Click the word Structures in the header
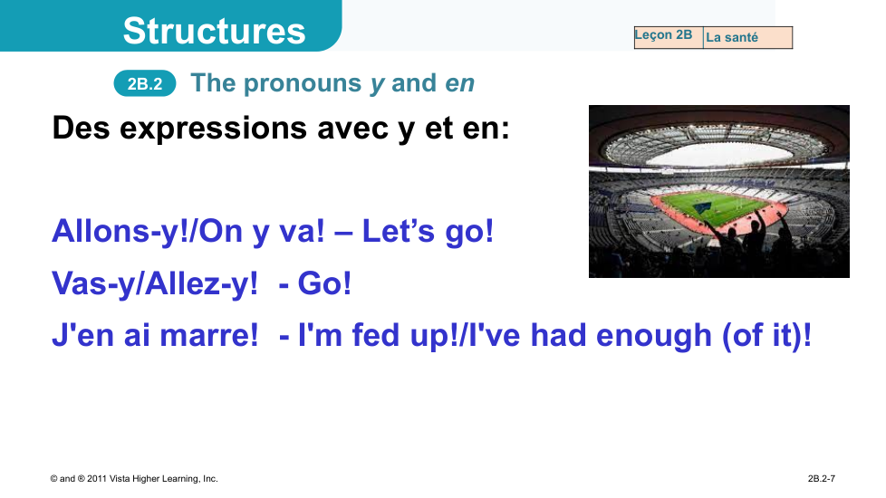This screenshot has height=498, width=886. pos(214,31)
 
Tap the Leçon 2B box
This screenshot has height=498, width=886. pos(669,37)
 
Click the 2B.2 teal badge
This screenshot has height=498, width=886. pos(145,83)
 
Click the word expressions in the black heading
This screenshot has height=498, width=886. pos(214,129)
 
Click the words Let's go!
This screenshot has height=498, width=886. pos(428,232)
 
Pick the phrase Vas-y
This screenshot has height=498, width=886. pos(94,283)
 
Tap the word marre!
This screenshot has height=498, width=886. pos(209,335)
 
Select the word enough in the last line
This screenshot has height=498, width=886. pos(654,336)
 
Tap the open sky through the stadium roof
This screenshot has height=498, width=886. pos(718,155)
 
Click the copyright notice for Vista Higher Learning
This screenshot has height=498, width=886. pos(134,479)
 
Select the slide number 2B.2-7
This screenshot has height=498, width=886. pos(821,479)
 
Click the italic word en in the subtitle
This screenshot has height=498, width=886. pos(459,83)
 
